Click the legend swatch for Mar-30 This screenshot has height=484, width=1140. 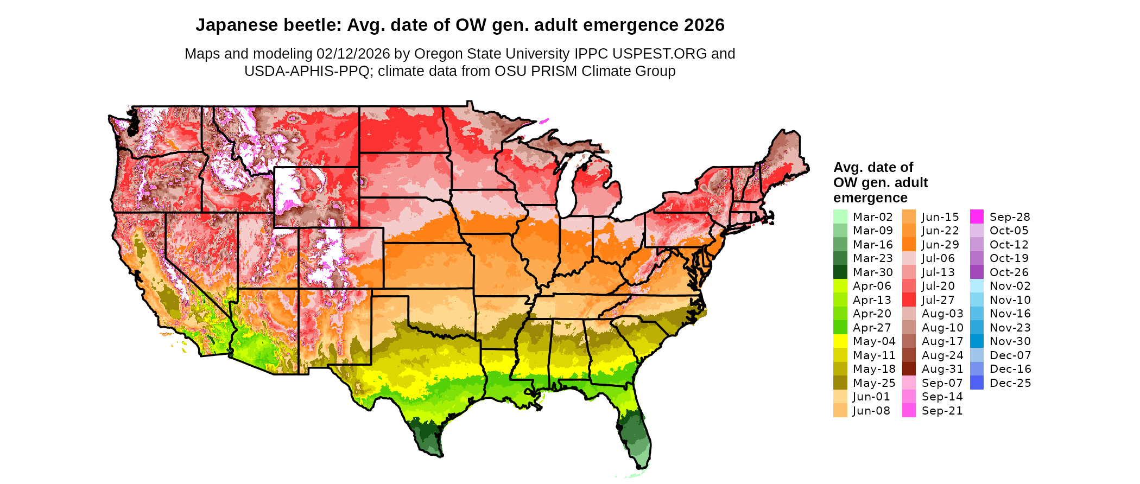[x=840, y=272]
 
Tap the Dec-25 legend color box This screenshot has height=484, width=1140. [x=977, y=383]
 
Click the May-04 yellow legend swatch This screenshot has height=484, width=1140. [x=840, y=341]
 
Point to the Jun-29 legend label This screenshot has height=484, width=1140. [x=940, y=245]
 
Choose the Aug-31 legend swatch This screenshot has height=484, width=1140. [x=909, y=369]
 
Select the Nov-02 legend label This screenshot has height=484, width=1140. [x=1010, y=286]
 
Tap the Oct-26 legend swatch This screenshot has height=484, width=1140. [x=977, y=272]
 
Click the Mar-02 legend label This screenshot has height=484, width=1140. [x=872, y=217]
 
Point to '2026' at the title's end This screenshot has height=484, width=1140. [x=704, y=26]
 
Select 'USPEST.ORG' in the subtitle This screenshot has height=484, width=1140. [x=660, y=54]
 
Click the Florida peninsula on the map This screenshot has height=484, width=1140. [x=635, y=429]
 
